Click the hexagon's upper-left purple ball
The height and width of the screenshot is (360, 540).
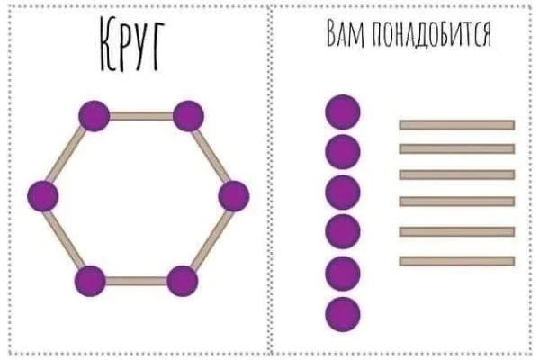(x=94, y=115)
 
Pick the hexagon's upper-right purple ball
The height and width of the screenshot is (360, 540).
(x=188, y=115)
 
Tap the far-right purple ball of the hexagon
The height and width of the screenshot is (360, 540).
(x=233, y=196)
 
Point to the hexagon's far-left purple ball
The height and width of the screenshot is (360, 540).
(x=42, y=195)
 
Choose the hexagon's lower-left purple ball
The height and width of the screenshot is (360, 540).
(x=90, y=281)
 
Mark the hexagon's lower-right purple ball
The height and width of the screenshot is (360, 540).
(x=183, y=281)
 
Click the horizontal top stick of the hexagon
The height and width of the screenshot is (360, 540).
(x=140, y=115)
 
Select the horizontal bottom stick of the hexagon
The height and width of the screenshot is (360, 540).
(x=137, y=281)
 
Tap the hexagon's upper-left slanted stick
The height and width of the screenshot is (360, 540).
(x=67, y=156)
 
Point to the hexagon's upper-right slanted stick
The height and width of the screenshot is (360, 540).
(x=211, y=156)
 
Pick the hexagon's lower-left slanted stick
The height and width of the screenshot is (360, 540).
(x=66, y=238)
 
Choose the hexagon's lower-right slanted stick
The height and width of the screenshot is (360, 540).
(x=208, y=238)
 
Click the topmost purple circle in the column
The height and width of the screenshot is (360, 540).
(x=342, y=112)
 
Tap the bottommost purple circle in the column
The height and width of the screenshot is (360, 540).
(x=342, y=313)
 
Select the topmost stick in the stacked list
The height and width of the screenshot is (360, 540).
(x=456, y=124)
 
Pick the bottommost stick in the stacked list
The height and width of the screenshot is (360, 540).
(x=456, y=261)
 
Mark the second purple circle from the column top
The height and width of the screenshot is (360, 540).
(x=342, y=152)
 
